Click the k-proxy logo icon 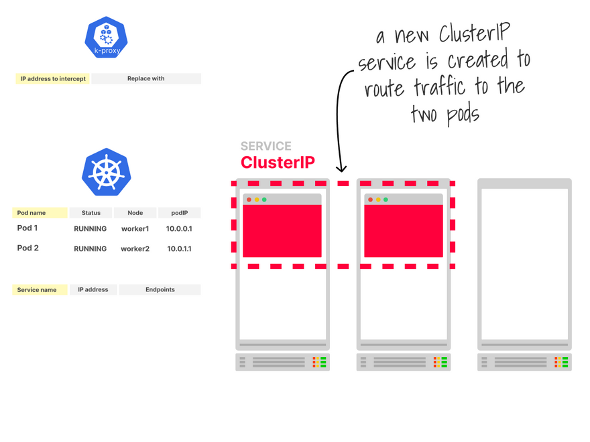click(107, 38)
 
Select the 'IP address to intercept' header click(53, 78)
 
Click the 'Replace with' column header click(146, 78)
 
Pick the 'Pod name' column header click(40, 213)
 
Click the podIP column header click(179, 213)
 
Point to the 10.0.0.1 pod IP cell click(179, 228)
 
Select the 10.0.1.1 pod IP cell click(179, 248)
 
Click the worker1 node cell click(135, 228)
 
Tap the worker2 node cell click(135, 248)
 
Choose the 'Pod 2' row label click(28, 248)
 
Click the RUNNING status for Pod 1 click(91, 228)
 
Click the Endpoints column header click(160, 290)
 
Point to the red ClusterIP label click(278, 162)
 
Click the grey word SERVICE click(266, 146)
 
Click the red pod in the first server click(282, 230)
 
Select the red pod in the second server click(404, 230)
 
